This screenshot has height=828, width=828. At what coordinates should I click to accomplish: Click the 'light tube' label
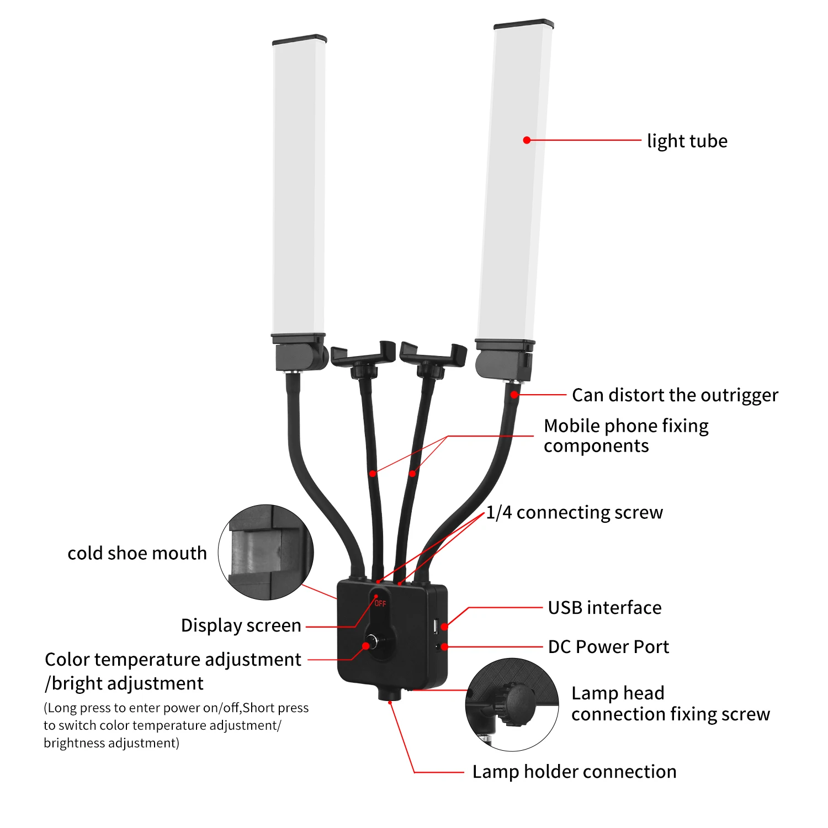tap(687, 141)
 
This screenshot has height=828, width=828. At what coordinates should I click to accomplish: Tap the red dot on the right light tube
tap(527, 140)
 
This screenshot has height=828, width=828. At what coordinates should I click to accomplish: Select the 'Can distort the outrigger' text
tap(675, 395)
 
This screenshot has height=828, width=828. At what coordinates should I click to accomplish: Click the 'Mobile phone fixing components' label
tap(626, 436)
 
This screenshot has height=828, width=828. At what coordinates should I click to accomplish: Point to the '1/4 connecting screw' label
tap(574, 512)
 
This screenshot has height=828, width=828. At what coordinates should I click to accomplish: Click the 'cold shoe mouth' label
tap(137, 553)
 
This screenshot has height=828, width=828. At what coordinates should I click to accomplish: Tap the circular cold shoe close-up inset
tap(266, 552)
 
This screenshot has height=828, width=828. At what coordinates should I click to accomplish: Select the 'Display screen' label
tap(241, 625)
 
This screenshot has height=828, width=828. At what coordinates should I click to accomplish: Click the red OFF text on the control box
tap(380, 603)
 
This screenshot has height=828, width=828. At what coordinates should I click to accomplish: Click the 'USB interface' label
tap(604, 608)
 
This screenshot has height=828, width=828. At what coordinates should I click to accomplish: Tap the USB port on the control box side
tap(436, 627)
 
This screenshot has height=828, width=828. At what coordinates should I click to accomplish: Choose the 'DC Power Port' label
tap(608, 647)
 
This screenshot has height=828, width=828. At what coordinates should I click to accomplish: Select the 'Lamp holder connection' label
tap(574, 772)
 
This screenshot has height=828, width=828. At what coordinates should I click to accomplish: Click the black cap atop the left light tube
tap(299, 40)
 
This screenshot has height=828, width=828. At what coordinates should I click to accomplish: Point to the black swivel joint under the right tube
tap(503, 365)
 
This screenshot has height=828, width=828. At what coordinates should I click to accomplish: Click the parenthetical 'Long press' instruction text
tap(176, 725)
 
